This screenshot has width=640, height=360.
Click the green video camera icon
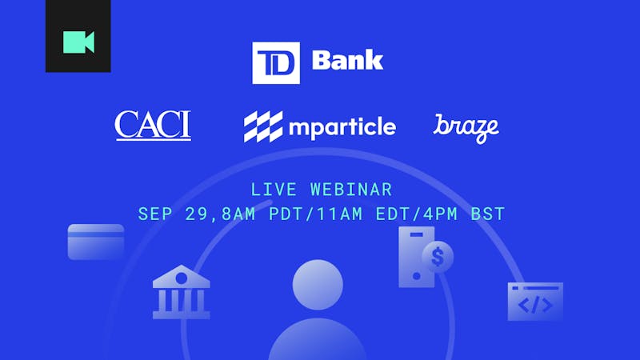click(x=78, y=42)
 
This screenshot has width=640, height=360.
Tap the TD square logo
click(x=276, y=63)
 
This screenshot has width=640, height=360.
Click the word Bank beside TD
click(x=347, y=60)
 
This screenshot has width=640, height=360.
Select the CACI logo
click(x=153, y=126)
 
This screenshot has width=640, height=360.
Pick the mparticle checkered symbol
click(x=263, y=126)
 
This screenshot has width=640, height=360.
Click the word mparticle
click(x=342, y=127)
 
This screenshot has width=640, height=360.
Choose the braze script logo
click(x=466, y=129)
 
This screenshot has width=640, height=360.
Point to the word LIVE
click(x=274, y=190)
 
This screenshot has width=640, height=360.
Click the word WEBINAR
click(x=351, y=190)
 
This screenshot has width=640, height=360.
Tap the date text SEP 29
click(x=174, y=214)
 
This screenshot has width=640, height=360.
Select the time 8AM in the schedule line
click(x=238, y=214)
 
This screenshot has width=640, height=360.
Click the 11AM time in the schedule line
click(x=339, y=214)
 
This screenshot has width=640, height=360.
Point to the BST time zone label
click(x=488, y=214)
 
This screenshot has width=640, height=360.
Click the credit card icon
click(x=96, y=242)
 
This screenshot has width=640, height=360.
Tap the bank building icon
click(x=182, y=292)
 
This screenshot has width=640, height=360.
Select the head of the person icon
click(x=318, y=285)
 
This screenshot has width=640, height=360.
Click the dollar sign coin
click(x=438, y=257)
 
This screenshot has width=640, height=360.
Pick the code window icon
click(x=535, y=302)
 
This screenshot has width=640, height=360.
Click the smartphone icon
click(x=416, y=257)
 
